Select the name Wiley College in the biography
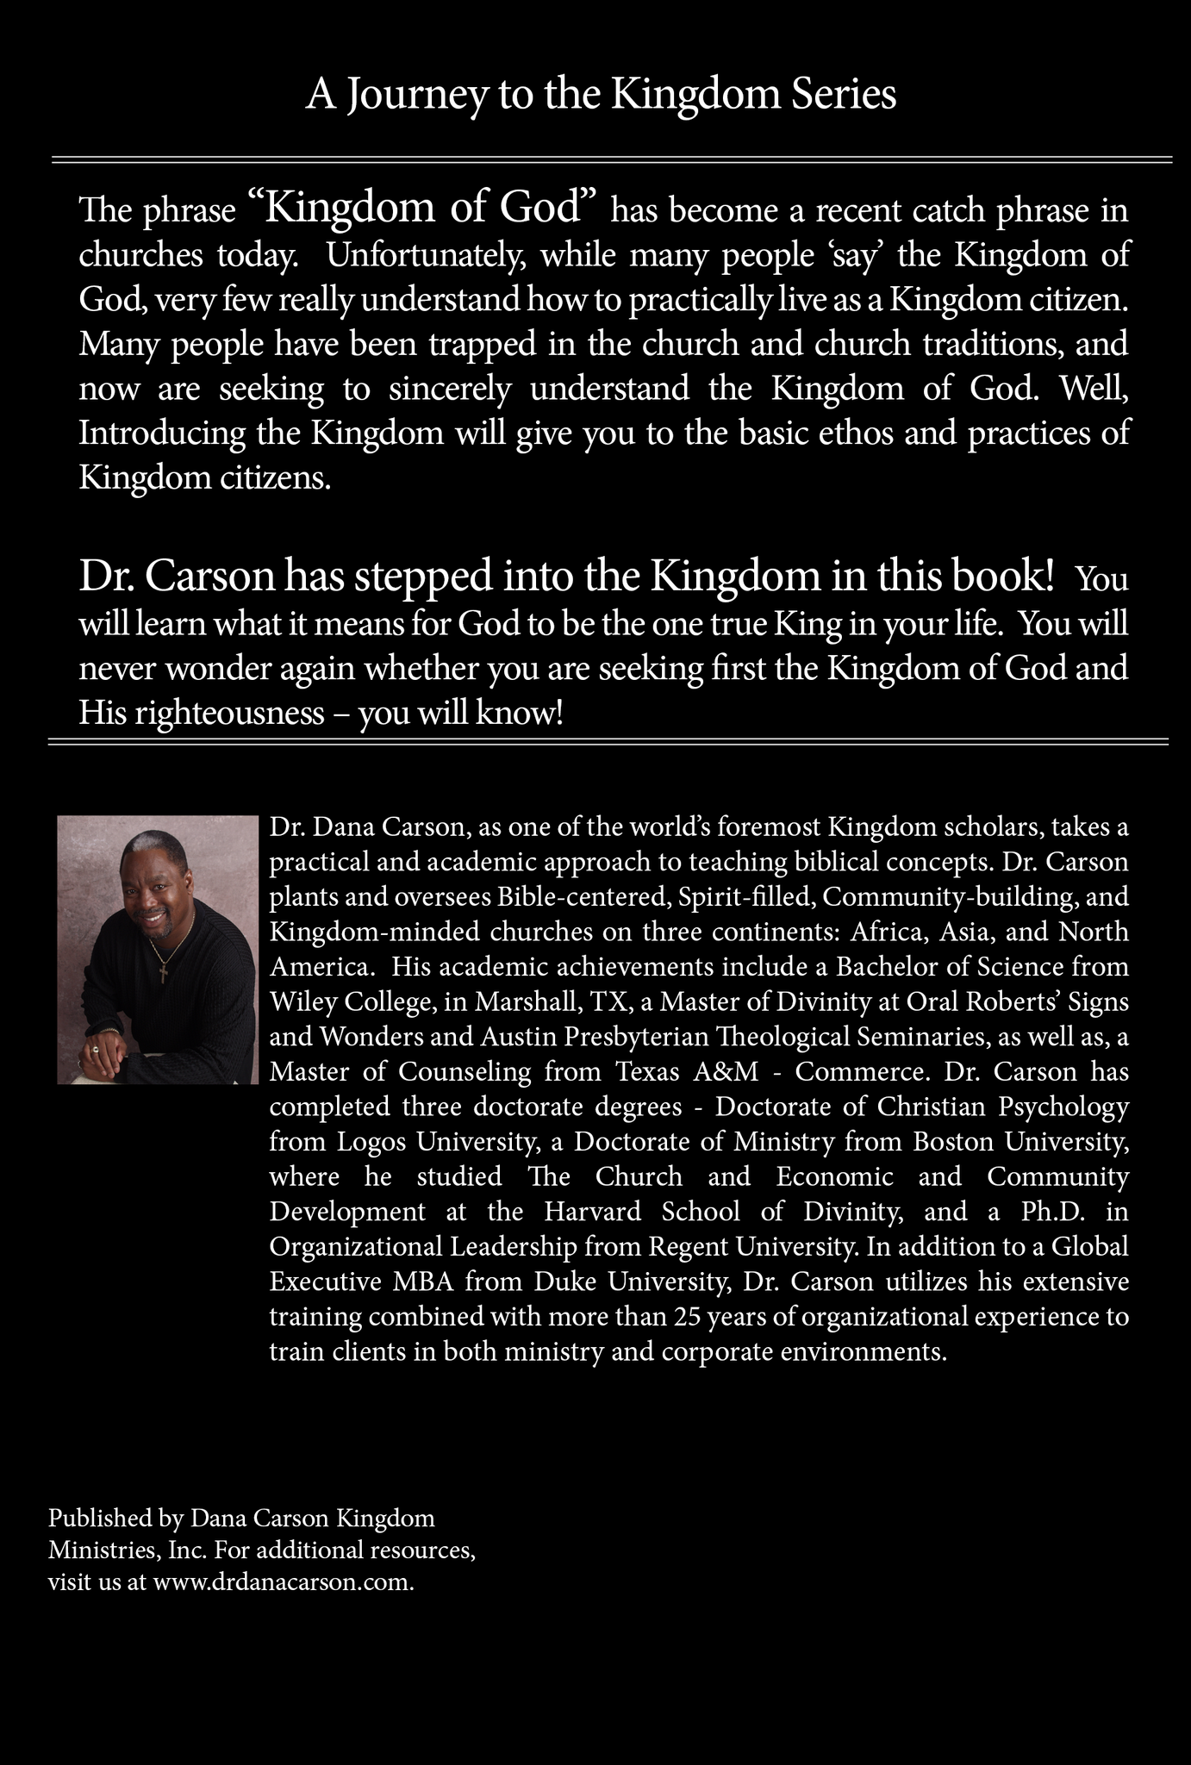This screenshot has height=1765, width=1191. [344, 1002]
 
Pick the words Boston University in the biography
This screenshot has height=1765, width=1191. [1020, 1143]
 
